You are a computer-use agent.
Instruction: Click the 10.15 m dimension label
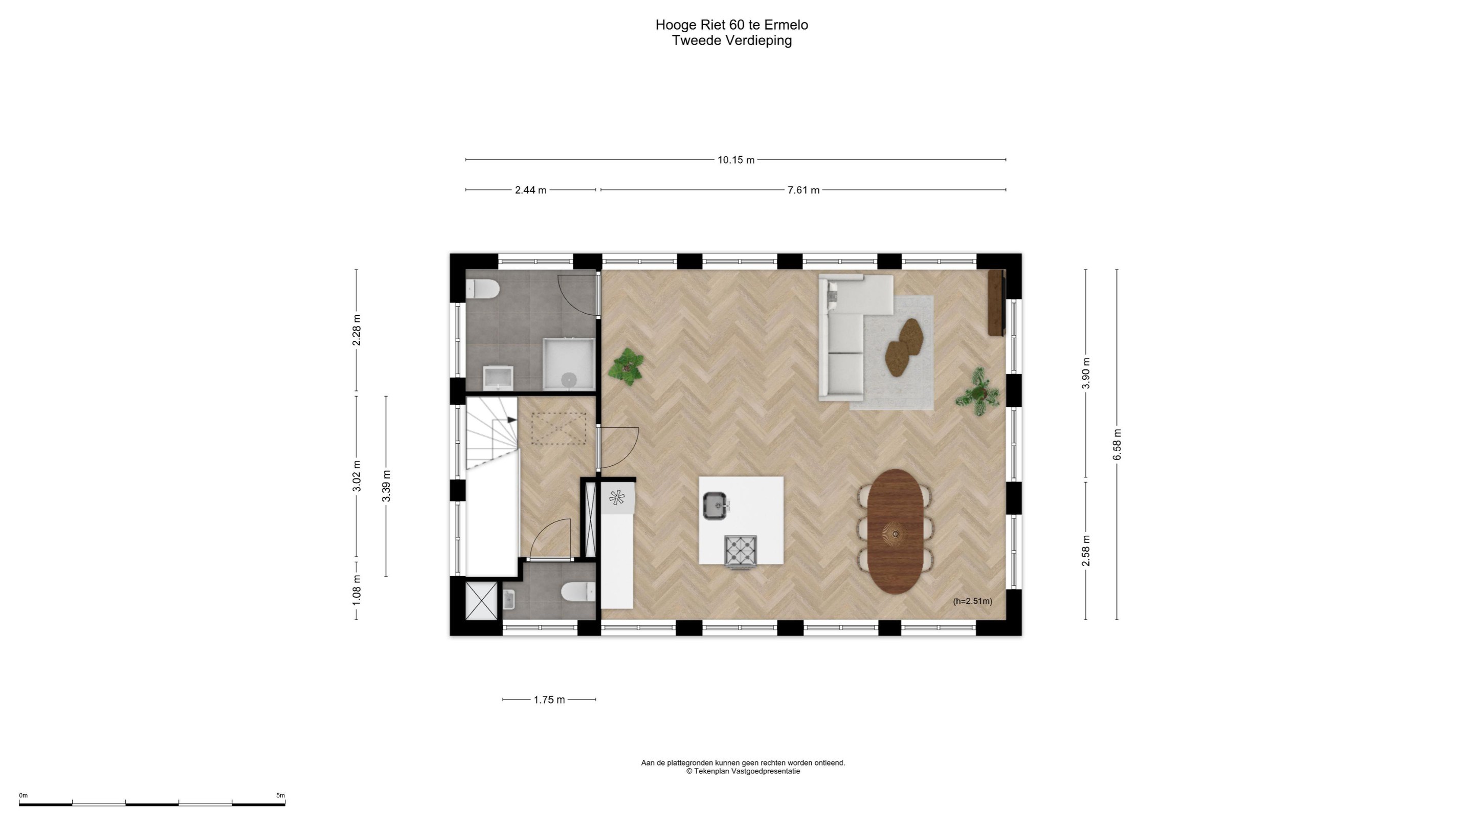coord(736,160)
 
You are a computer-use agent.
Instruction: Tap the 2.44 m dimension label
coord(531,190)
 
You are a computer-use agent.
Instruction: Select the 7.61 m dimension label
coord(804,190)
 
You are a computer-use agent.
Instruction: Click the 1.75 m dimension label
coord(549,700)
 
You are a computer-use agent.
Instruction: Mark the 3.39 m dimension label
coord(387,486)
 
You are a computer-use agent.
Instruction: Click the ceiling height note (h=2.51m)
coord(973,601)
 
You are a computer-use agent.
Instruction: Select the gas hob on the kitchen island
coord(741,551)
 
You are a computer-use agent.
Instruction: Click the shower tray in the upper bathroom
coord(569,364)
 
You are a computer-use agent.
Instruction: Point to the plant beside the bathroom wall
coord(627,366)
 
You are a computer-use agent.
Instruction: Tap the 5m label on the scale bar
coord(280,795)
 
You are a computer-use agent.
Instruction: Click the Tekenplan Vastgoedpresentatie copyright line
coord(743,771)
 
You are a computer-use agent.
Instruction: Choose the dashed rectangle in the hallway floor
coord(559,428)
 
